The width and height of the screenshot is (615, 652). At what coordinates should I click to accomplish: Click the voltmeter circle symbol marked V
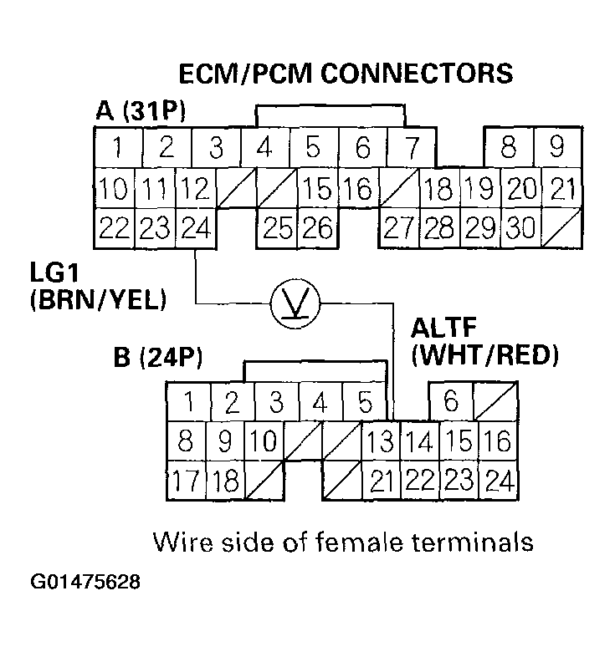[292, 302]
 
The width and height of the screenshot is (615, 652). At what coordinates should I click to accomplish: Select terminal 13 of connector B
[381, 441]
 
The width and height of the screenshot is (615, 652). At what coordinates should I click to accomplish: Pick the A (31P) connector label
[140, 111]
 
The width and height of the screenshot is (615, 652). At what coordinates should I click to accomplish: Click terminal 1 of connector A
[116, 149]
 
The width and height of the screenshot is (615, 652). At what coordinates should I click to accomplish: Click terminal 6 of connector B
[451, 402]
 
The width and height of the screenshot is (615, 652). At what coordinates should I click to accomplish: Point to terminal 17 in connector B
[187, 481]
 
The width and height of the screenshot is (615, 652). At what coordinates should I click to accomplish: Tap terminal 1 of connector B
[189, 402]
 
